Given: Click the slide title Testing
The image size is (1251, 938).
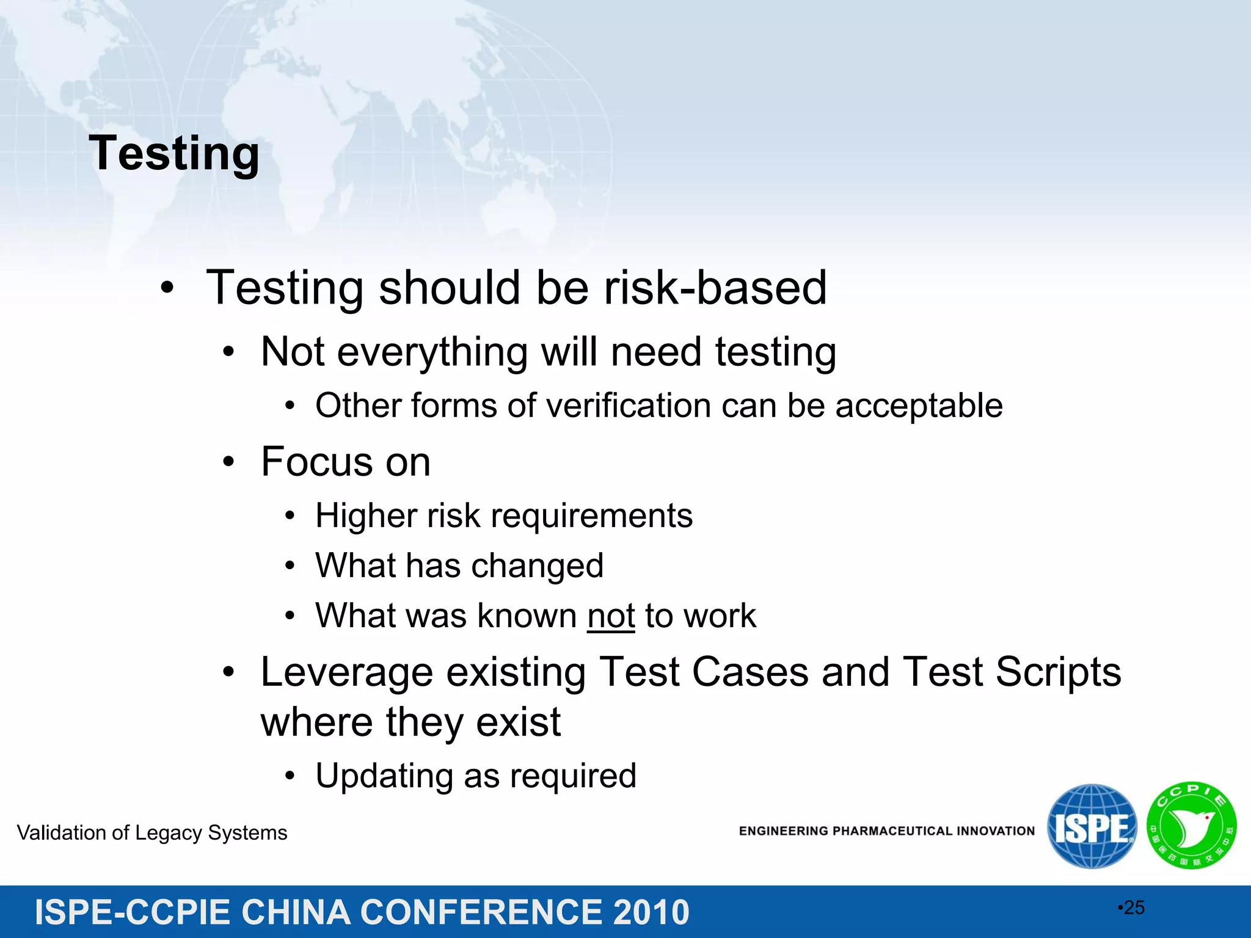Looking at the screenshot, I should (x=174, y=154).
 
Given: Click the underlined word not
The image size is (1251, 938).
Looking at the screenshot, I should (x=611, y=616).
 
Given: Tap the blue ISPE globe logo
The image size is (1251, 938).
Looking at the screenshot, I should (x=1092, y=827).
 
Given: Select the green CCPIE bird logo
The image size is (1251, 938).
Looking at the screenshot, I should (x=1191, y=826).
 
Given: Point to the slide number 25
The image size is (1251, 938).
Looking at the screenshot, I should (x=1134, y=907).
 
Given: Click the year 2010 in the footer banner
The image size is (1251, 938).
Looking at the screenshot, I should (x=651, y=912).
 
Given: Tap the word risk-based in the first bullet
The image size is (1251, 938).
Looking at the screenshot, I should (x=715, y=288).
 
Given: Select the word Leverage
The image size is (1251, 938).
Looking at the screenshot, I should (x=347, y=672).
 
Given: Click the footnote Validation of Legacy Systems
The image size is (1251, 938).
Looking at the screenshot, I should (x=152, y=833).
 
